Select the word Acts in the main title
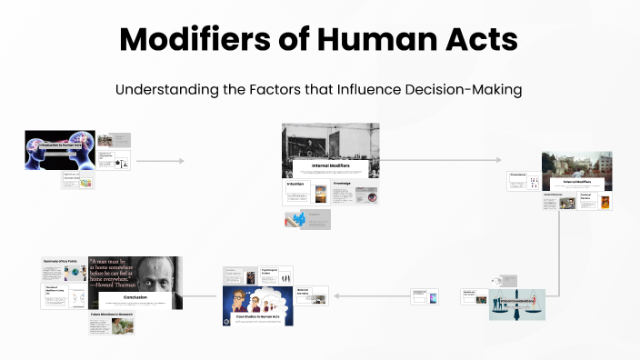(x=479, y=39)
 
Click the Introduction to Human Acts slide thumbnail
(x=59, y=149)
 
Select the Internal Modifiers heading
(x=331, y=166)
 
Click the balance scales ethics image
(x=517, y=305)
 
